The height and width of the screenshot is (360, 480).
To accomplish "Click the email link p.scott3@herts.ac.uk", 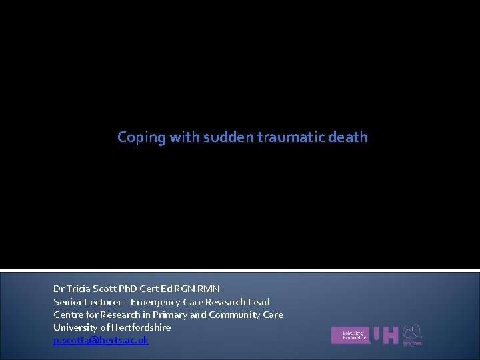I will pyautogui.click(x=101, y=340).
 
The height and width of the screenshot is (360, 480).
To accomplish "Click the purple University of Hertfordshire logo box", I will pyautogui.click(x=349, y=335).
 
